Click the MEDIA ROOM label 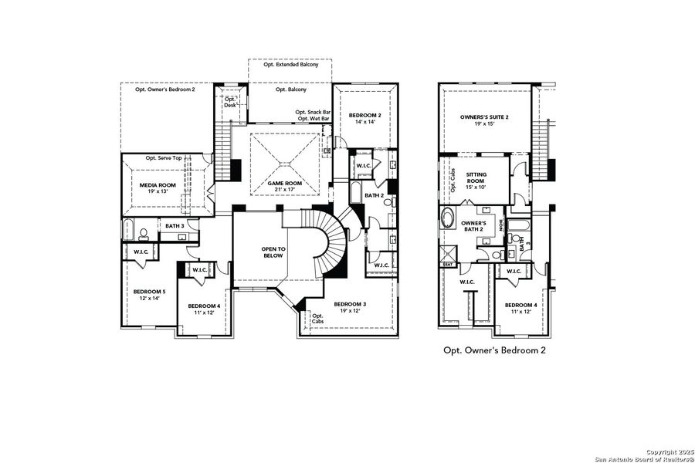[157, 186]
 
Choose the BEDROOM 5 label [149, 292]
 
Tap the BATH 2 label [375, 196]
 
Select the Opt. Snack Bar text [313, 113]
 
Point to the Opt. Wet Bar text [314, 120]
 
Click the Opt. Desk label [229, 102]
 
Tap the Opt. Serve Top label [164, 158]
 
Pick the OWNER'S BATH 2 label [473, 226]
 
